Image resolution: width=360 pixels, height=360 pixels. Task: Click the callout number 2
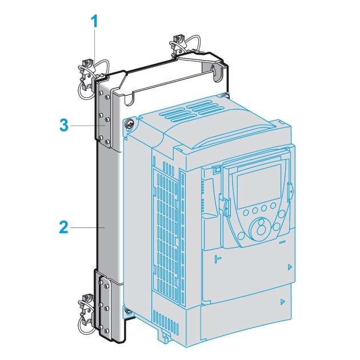64,227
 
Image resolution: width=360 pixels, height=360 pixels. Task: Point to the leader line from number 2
86,227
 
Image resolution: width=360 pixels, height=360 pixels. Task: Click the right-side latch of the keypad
290,190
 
